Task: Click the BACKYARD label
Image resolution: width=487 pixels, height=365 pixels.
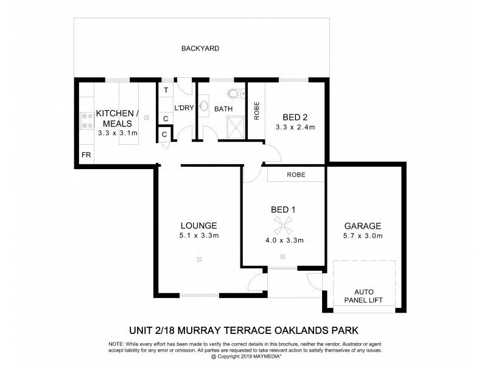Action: pos(200,48)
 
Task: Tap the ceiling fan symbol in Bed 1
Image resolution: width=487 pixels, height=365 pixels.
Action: pos(283,229)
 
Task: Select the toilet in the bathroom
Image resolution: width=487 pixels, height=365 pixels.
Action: pos(234,94)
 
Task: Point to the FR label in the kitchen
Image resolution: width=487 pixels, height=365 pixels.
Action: pos(86,155)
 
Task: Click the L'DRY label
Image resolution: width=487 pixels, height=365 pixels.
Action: pos(184,108)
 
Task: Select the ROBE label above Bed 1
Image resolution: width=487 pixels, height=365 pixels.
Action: pos(296,175)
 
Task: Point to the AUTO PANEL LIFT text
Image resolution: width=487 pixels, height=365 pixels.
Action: pos(364,295)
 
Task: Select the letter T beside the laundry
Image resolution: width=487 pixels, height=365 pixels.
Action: pos(165,91)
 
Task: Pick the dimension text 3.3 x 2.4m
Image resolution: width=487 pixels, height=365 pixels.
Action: pos(295,128)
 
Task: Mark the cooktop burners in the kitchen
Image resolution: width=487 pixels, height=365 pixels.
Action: pos(86,120)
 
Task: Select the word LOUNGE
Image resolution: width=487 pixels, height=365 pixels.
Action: pos(198,225)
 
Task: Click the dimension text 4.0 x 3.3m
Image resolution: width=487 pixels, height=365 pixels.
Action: pos(283,241)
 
